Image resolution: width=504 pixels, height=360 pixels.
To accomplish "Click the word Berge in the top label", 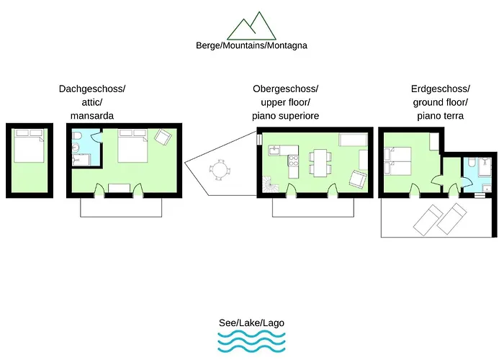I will tap(208, 45).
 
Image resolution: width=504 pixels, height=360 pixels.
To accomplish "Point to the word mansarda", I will tap(92, 115).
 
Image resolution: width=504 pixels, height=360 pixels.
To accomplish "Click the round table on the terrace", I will tap(220, 170).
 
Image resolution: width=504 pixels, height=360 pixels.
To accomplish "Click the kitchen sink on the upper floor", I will tap(275, 150).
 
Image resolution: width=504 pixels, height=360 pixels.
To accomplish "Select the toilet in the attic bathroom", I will tap(77, 138).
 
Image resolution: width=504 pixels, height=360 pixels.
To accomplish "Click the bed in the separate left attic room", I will tap(29, 148).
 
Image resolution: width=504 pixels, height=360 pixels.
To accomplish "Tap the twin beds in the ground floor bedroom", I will tap(397, 161).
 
